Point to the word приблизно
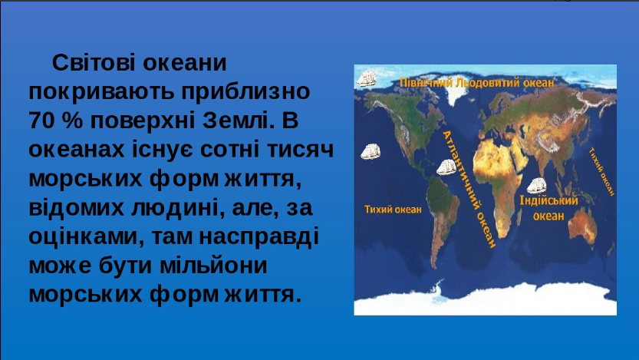point(245,92)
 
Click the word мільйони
point(213,266)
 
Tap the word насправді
point(259,237)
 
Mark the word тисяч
point(301,150)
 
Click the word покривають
point(102,92)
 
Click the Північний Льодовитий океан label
point(477,83)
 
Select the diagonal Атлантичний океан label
point(469,189)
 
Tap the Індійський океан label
point(549,208)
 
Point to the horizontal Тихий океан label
point(393,210)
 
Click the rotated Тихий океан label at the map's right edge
point(601,172)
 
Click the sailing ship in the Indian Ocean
point(536,186)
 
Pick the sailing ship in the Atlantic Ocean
point(446,167)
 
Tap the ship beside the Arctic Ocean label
point(366,78)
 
